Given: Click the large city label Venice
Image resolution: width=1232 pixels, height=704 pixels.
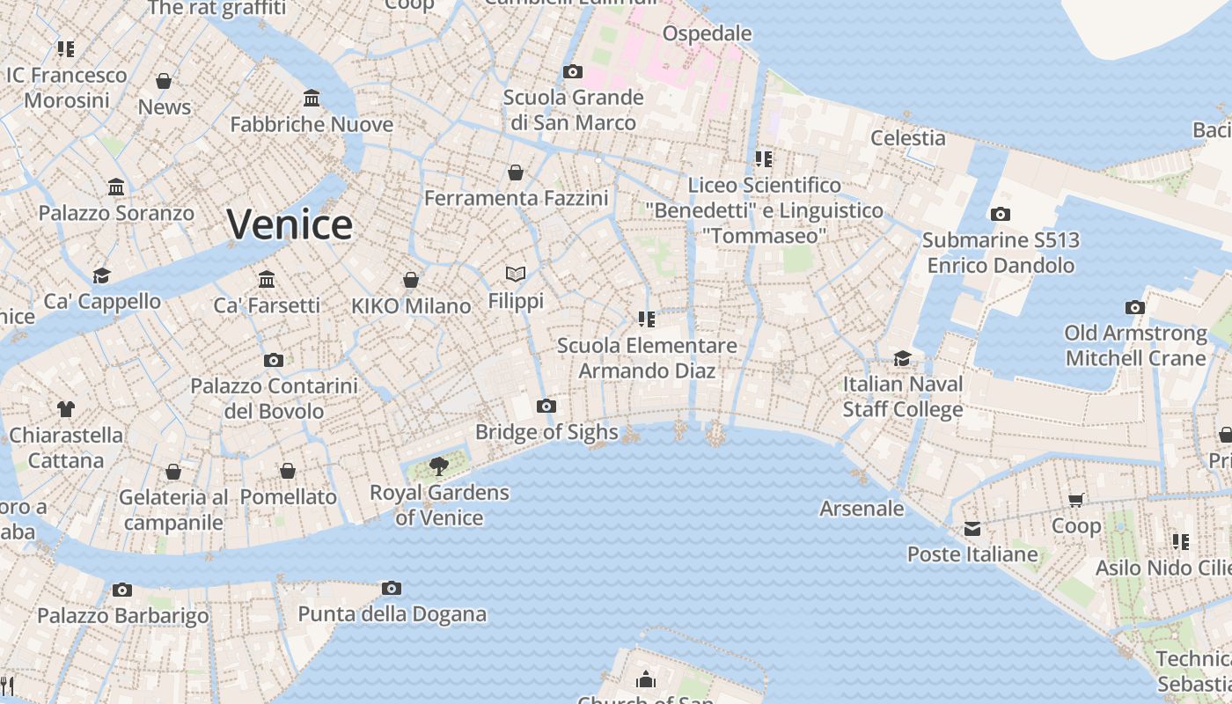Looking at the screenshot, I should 290,224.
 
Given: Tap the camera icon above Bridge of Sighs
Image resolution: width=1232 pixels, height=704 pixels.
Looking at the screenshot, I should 546,406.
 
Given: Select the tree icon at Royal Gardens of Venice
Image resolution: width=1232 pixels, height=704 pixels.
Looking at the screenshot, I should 438,466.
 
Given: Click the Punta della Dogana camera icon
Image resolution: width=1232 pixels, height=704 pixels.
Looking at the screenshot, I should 392,588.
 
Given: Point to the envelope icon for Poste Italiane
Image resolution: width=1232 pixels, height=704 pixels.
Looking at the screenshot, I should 972,528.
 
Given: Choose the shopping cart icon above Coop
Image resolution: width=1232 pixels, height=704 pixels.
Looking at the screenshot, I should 1075,500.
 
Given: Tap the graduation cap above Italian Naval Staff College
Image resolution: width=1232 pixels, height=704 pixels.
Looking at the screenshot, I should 902,358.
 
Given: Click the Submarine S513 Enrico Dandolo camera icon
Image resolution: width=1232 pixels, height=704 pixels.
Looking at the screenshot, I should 1000,214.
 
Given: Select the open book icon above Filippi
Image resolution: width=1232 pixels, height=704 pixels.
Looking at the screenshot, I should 516,275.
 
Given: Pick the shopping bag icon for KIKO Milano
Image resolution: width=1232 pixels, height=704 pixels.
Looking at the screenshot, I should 410,280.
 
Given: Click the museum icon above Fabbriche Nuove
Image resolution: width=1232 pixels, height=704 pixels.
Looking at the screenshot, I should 312,98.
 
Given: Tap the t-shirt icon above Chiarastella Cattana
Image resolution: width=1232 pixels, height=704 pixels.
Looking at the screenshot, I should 66,408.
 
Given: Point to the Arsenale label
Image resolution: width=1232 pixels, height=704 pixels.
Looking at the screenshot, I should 862,508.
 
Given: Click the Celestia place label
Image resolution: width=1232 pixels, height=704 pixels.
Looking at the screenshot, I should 908,137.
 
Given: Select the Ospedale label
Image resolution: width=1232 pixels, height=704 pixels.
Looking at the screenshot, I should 707,33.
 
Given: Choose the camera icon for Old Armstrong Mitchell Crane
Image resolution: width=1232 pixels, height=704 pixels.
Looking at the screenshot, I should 1135,307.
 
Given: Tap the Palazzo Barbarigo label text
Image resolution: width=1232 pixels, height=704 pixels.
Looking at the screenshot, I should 123,615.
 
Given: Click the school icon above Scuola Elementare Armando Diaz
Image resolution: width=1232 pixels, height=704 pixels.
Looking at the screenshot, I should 647,319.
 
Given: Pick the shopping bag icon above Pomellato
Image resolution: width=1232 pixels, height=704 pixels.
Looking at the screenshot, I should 287,471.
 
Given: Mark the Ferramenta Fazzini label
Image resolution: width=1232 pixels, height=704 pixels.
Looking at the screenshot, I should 517,198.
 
